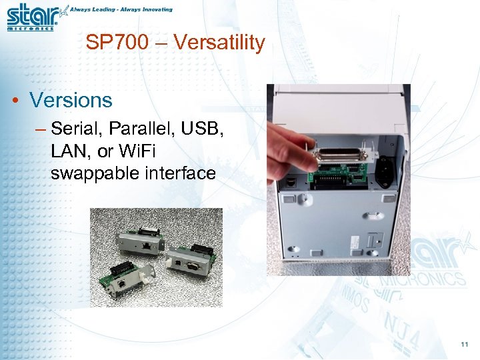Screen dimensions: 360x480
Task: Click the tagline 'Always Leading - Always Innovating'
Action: (121, 9)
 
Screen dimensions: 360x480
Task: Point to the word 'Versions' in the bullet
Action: (71, 100)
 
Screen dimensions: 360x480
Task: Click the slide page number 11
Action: (464, 344)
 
